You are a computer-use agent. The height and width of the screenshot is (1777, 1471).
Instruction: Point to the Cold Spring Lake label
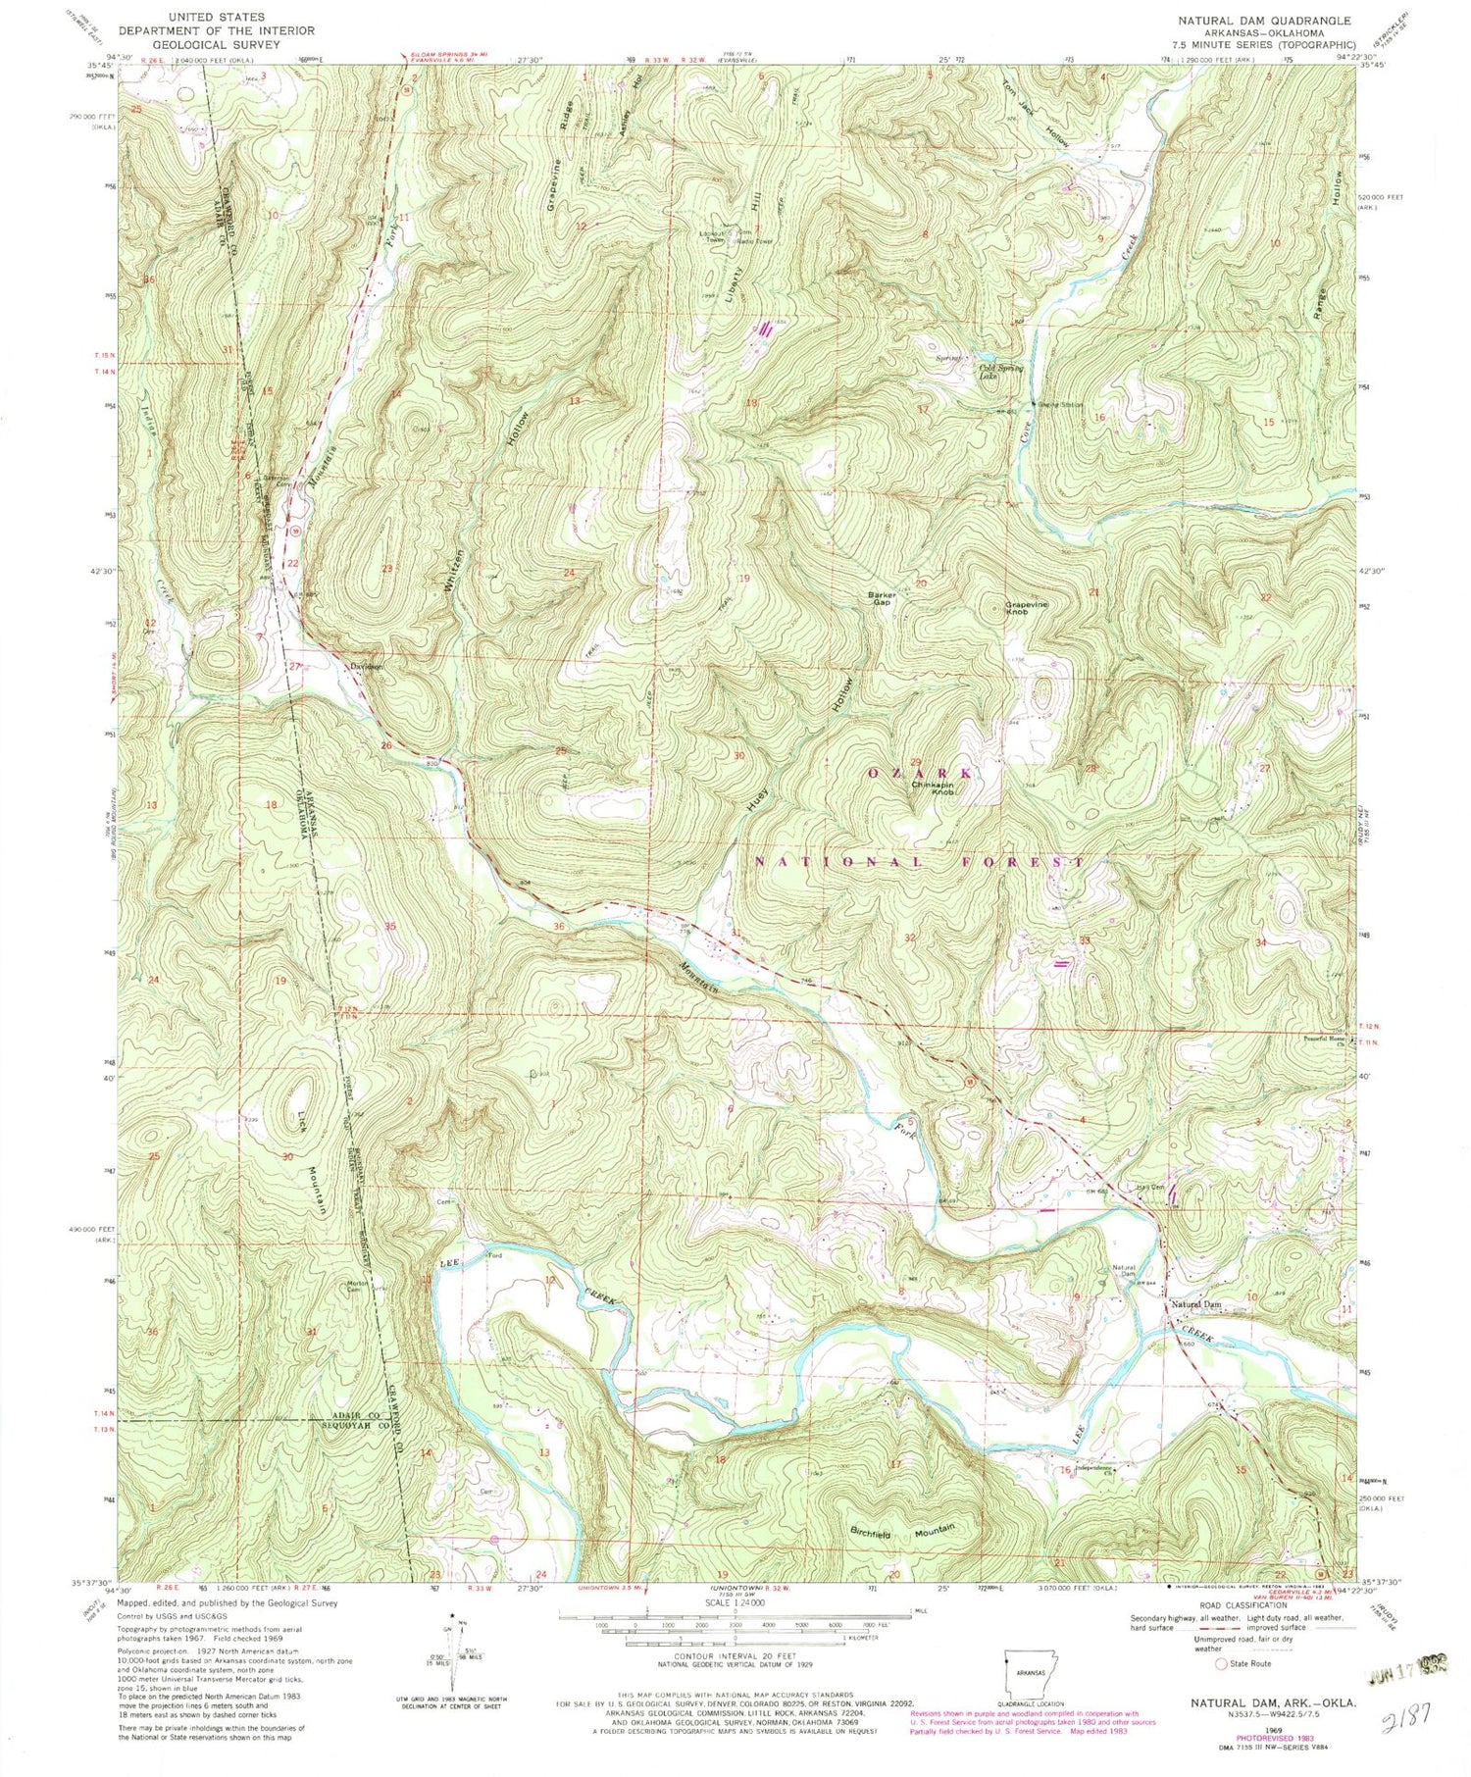pos(1001,372)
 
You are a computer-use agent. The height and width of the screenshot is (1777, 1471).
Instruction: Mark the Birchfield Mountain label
pos(903,1531)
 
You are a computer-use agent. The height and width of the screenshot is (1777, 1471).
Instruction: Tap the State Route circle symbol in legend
pos(1221,1663)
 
